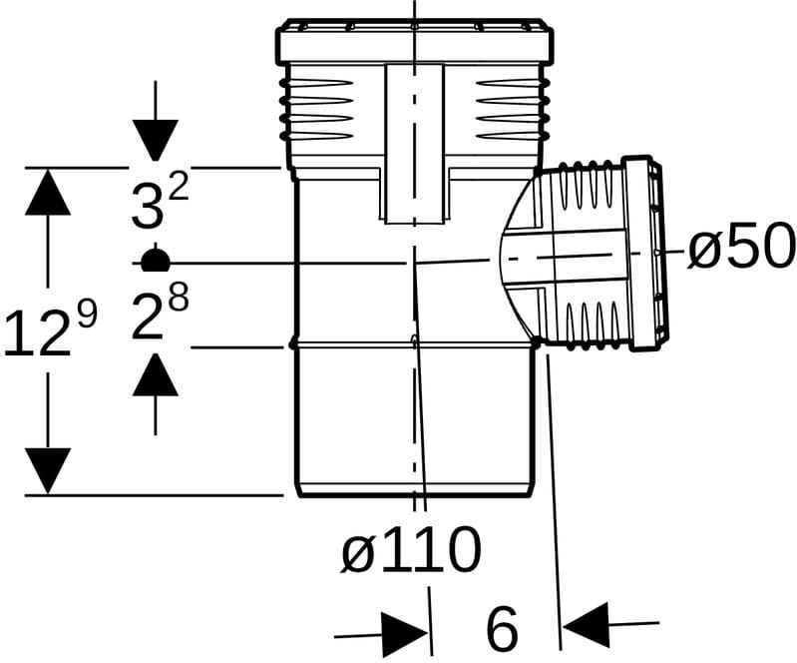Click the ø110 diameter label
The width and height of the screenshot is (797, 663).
(x=411, y=550)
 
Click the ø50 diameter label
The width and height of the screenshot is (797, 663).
(x=741, y=246)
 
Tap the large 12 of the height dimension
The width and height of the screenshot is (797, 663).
(x=38, y=333)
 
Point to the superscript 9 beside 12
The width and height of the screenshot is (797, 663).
(x=88, y=314)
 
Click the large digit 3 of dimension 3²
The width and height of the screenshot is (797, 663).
(x=147, y=206)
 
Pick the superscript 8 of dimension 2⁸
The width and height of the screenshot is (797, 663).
(x=179, y=298)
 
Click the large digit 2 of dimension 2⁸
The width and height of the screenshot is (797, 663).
(x=147, y=318)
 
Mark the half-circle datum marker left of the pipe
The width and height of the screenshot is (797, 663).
(x=155, y=260)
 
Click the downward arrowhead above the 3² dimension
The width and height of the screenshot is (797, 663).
(x=156, y=140)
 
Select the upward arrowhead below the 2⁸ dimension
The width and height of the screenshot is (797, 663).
(x=156, y=374)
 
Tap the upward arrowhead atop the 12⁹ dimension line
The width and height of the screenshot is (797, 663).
(x=48, y=192)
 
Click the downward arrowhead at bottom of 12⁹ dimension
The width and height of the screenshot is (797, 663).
(x=48, y=470)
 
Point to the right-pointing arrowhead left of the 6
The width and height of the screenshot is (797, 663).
(x=405, y=634)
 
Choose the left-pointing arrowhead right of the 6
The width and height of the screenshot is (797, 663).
(x=587, y=624)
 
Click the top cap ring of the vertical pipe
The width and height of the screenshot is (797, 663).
(x=414, y=41)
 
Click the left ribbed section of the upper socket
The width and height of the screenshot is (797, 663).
(x=316, y=110)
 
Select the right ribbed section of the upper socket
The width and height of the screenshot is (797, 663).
(x=513, y=110)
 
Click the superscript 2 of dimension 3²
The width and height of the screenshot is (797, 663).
(x=179, y=189)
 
